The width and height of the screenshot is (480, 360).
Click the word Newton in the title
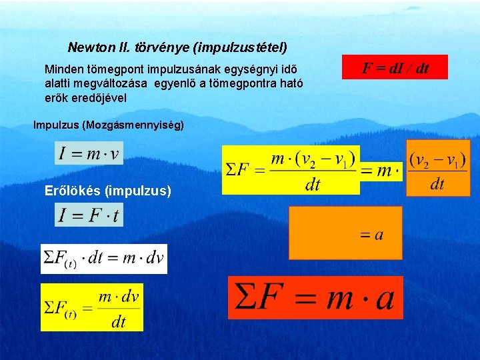[89, 48]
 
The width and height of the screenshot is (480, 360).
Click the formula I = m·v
[89, 154]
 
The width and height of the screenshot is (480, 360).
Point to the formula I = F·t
[89, 215]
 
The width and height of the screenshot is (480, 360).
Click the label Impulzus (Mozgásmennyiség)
[109, 125]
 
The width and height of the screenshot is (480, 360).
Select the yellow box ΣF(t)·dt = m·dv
[103, 259]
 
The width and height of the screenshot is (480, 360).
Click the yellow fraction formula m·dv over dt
[92, 307]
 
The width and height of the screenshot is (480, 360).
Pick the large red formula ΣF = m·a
[315, 297]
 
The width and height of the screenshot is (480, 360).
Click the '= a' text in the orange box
[372, 235]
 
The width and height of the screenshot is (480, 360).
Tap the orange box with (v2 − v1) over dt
[437, 168]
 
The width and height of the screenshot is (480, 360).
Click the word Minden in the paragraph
[61, 69]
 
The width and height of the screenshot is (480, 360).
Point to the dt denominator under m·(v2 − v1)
[313, 185]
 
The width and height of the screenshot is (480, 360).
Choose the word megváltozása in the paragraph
[119, 83]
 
